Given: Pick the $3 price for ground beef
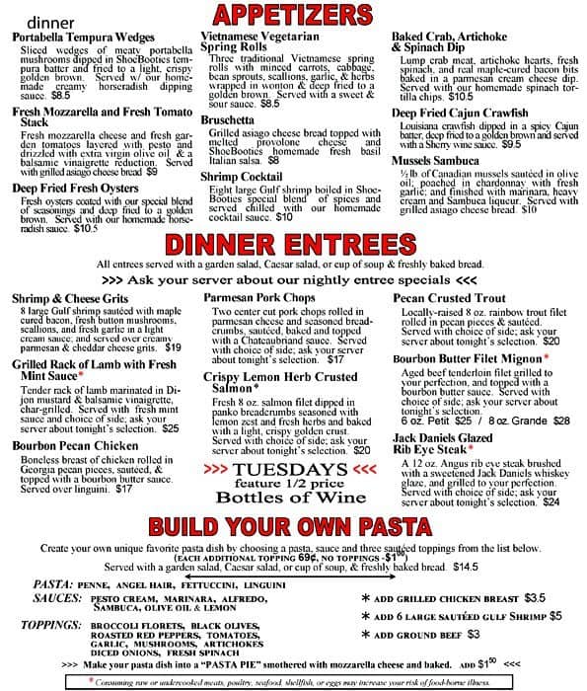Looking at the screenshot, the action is point(474,634).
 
